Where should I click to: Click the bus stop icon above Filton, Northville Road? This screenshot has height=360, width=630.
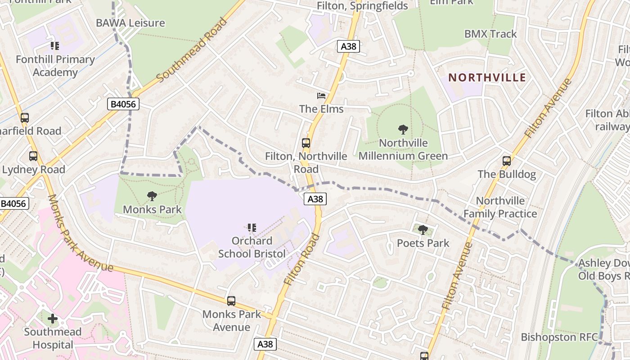pos(306,143)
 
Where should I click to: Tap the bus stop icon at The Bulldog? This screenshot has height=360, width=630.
pos(507,161)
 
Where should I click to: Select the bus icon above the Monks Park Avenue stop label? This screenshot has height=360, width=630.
pos(231,301)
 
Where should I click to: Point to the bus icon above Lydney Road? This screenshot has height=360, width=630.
pos(33,156)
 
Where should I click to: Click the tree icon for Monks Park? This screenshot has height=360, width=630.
pos(152,196)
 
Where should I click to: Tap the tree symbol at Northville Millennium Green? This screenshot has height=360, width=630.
pos(403,130)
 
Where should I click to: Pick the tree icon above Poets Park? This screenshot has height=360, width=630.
pos(423,230)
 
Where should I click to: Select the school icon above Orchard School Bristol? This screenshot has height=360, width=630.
pos(252,228)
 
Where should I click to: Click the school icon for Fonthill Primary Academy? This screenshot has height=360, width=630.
pos(55,45)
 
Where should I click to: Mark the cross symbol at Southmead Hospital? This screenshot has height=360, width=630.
pos(53,319)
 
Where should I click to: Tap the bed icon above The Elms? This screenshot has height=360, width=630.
pos(321,95)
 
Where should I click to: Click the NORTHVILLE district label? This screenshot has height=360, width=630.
pos(487,77)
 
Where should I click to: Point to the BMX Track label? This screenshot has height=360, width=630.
pos(490,34)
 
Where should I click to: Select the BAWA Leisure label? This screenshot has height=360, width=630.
pos(130,23)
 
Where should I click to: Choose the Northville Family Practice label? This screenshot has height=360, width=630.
pos(500,207)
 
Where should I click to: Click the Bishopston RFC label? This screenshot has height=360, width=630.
pos(559,337)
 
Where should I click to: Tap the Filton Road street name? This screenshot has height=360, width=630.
pos(301,259)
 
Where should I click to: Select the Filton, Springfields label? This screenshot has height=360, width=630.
pos(362,6)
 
